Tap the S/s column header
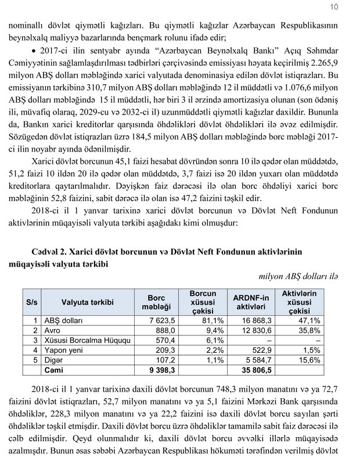point(31,302)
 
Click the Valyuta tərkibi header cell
point(88,302)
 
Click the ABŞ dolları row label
point(64,320)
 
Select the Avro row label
point(53,330)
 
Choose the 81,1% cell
point(212,320)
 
